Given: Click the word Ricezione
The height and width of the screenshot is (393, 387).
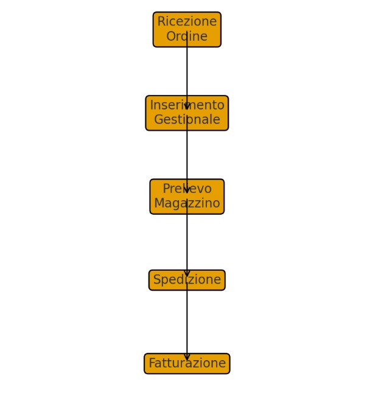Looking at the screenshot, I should [x=187, y=22].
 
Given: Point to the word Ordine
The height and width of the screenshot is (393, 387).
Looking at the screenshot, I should [x=187, y=37].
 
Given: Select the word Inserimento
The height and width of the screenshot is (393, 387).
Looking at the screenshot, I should [x=187, y=105].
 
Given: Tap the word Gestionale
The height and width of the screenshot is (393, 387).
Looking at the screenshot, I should [x=187, y=120].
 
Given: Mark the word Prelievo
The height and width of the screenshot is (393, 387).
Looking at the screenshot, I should [x=187, y=189].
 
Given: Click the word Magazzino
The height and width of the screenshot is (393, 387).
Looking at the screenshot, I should [x=187, y=203].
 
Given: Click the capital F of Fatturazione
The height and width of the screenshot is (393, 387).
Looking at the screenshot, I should [x=152, y=364].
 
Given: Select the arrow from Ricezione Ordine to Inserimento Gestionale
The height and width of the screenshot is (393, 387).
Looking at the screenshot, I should [x=187, y=71].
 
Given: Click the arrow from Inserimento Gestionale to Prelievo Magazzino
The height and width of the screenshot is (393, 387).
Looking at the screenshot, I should [x=187, y=155].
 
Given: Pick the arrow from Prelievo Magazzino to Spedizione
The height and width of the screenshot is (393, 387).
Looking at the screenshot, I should [x=187, y=242].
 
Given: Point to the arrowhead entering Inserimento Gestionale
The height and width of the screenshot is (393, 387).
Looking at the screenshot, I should [x=187, y=106].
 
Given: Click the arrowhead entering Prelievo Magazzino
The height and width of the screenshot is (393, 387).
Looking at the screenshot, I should [x=187, y=190].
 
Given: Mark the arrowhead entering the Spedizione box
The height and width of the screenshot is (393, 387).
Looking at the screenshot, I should [x=187, y=273].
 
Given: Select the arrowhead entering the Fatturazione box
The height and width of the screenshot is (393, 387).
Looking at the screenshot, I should [x=187, y=356].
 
